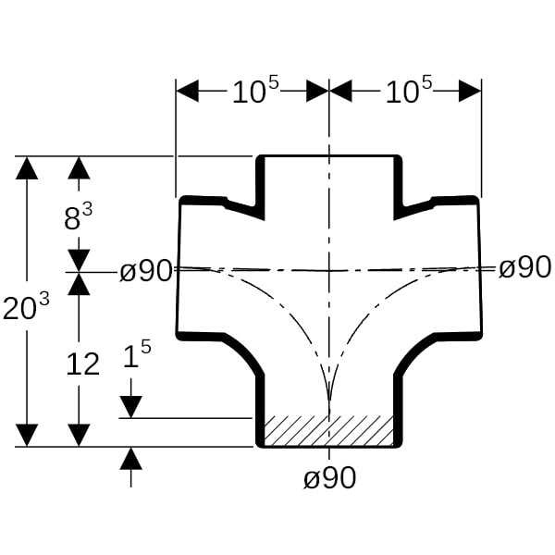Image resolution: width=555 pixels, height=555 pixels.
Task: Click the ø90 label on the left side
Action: click(x=146, y=271)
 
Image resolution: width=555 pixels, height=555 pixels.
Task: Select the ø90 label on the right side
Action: click(x=524, y=268)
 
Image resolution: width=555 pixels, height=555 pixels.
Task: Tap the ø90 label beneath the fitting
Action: click(x=329, y=478)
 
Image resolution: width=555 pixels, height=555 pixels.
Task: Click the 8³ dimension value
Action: click(x=78, y=218)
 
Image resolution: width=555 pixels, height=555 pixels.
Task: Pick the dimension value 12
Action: click(x=82, y=364)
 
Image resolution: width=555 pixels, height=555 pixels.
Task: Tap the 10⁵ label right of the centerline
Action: click(x=408, y=92)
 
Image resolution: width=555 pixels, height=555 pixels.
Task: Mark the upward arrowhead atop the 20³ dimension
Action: click(x=28, y=168)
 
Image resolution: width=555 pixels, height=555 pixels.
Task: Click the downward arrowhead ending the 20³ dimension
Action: click(x=28, y=435)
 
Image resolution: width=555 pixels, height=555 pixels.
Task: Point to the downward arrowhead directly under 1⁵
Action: click(x=130, y=406)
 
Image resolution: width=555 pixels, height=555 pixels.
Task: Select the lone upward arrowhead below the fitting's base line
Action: click(x=130, y=458)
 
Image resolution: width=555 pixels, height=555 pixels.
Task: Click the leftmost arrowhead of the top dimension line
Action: click(x=188, y=91)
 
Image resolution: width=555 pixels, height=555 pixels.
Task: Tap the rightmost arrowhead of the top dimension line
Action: click(x=470, y=91)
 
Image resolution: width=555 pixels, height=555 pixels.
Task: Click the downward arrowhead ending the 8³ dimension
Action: click(x=79, y=259)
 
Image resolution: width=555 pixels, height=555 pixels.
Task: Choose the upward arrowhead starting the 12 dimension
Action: click(x=79, y=284)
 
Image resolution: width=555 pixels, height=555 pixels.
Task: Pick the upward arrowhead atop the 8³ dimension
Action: click(x=79, y=168)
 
